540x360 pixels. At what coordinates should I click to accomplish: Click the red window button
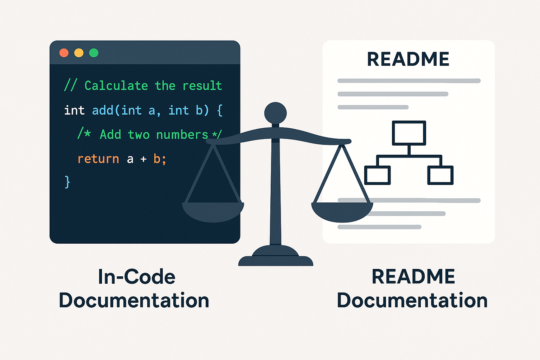(x=64, y=53)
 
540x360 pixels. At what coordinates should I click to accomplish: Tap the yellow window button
(x=79, y=53)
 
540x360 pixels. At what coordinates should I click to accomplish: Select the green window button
(x=94, y=53)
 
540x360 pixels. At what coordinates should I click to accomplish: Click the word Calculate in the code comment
(x=116, y=85)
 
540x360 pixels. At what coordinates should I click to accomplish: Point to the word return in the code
(x=98, y=159)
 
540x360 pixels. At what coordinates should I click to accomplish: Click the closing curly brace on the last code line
(x=67, y=182)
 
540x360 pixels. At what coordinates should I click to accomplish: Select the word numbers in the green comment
(x=182, y=135)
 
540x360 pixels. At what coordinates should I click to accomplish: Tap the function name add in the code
(x=102, y=110)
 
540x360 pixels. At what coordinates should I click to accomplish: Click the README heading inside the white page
(x=408, y=59)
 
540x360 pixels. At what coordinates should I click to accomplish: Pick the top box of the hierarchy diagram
(x=409, y=133)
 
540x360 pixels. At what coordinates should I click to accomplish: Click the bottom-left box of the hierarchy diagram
(x=377, y=175)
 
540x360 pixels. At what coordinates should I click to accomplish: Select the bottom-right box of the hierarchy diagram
(x=440, y=175)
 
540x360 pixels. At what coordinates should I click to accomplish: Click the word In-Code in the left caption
(x=136, y=277)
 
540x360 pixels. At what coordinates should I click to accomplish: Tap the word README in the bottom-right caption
(x=413, y=277)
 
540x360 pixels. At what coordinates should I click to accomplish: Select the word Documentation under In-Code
(x=134, y=301)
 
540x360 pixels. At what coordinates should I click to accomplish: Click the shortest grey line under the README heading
(x=373, y=107)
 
